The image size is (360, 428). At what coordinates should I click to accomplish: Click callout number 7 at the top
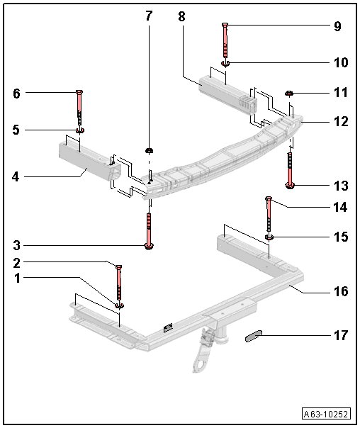coord(148,16)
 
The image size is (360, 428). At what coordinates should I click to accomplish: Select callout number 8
coord(181,16)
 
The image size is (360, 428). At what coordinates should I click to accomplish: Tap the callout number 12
coord(341,121)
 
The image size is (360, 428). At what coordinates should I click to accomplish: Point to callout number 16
coord(341,291)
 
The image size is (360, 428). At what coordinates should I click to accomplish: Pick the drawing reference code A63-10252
coord(328,414)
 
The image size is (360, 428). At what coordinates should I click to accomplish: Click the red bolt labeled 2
coord(118,284)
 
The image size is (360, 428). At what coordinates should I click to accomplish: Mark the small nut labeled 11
coord(289,92)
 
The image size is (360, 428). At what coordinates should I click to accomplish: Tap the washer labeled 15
coord(269,237)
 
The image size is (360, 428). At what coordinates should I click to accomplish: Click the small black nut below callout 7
coord(149,151)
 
